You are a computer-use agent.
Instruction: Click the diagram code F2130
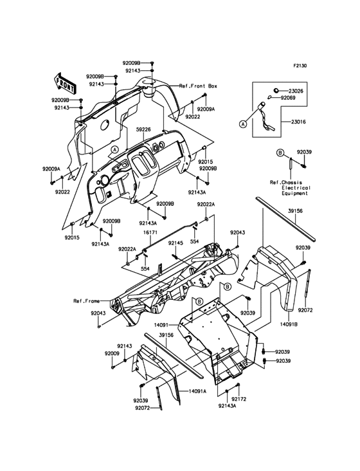tap(300, 66)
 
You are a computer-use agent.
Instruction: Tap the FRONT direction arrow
tap(67, 82)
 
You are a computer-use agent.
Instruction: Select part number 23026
tap(296, 91)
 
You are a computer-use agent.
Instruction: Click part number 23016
tap(298, 121)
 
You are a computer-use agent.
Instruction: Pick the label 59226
tap(143, 129)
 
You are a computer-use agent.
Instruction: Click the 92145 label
tap(175, 243)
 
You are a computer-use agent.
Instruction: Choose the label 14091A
tap(197, 391)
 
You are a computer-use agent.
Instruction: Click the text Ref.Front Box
tap(198, 86)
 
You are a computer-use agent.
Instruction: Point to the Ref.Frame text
tap(85, 300)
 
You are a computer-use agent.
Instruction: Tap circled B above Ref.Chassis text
tap(280, 152)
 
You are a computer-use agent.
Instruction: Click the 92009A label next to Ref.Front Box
tap(206, 109)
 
